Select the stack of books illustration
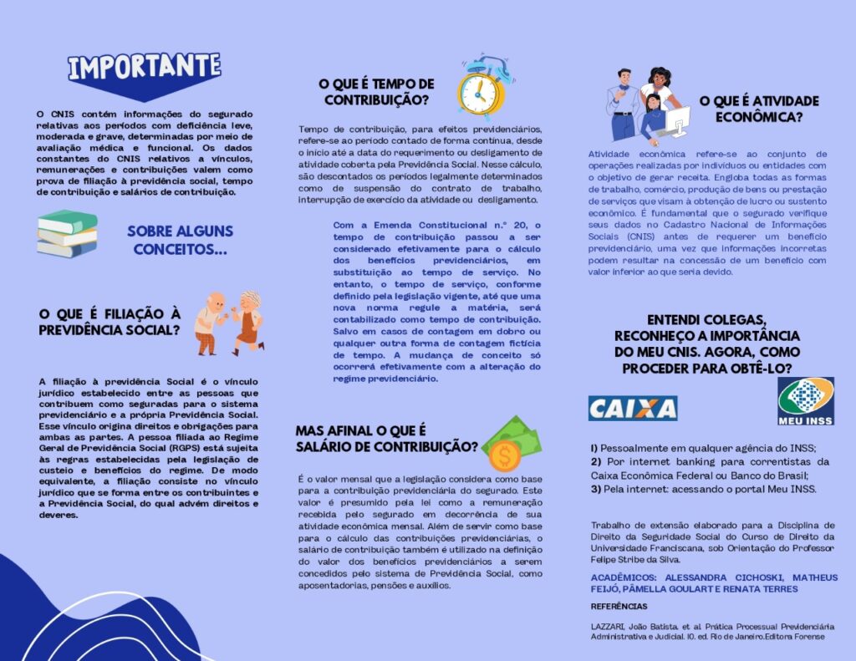(67, 234)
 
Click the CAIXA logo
(632, 408)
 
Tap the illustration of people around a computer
(647, 105)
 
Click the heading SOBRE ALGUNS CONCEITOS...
(180, 240)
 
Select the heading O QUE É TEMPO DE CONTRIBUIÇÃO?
(376, 93)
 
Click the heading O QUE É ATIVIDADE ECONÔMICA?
(759, 109)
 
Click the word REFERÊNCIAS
(619, 607)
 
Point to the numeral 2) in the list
(596, 461)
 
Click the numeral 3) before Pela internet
(596, 489)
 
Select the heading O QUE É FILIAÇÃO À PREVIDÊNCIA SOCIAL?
(110, 322)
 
